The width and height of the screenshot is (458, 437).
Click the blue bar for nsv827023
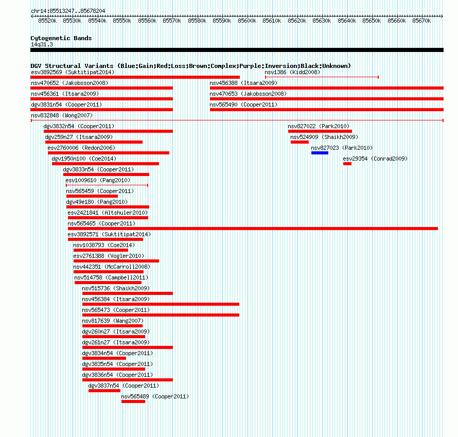tap(320, 153)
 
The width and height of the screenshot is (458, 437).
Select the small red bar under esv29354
tap(347, 164)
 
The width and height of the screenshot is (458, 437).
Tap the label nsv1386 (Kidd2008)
tap(292, 72)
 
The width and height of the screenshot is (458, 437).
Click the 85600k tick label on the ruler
tap(247, 21)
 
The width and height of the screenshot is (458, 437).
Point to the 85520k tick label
tap(47, 21)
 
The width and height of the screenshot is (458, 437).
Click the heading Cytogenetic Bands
tap(61, 38)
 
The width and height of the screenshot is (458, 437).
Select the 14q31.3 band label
tap(42, 44)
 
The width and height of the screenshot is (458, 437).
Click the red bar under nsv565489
tap(133, 401)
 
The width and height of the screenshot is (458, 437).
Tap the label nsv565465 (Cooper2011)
tap(101, 223)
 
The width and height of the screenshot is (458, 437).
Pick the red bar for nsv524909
tap(300, 142)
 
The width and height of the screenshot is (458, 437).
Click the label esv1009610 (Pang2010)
tap(98, 180)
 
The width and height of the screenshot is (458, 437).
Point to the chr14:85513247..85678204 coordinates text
tap(68, 11)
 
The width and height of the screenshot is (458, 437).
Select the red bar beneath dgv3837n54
tap(104, 391)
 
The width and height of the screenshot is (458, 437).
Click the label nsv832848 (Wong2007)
tap(62, 115)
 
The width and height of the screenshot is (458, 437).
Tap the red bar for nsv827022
tap(320, 131)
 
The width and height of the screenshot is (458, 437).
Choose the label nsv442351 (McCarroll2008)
tap(112, 267)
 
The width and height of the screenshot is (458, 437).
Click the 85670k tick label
tap(421, 21)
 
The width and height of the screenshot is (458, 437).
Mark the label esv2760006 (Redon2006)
tap(81, 148)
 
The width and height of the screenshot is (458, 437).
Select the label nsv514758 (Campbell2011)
tap(111, 277)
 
